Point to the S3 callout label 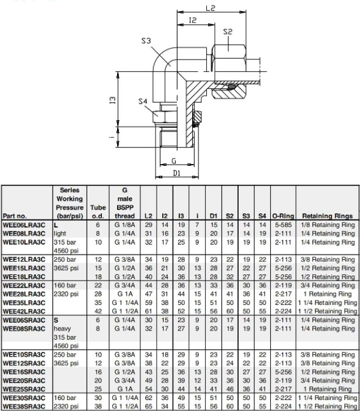146,41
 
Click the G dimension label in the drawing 174,162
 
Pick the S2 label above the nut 227,31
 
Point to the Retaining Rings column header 327,216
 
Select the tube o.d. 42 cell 98,310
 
